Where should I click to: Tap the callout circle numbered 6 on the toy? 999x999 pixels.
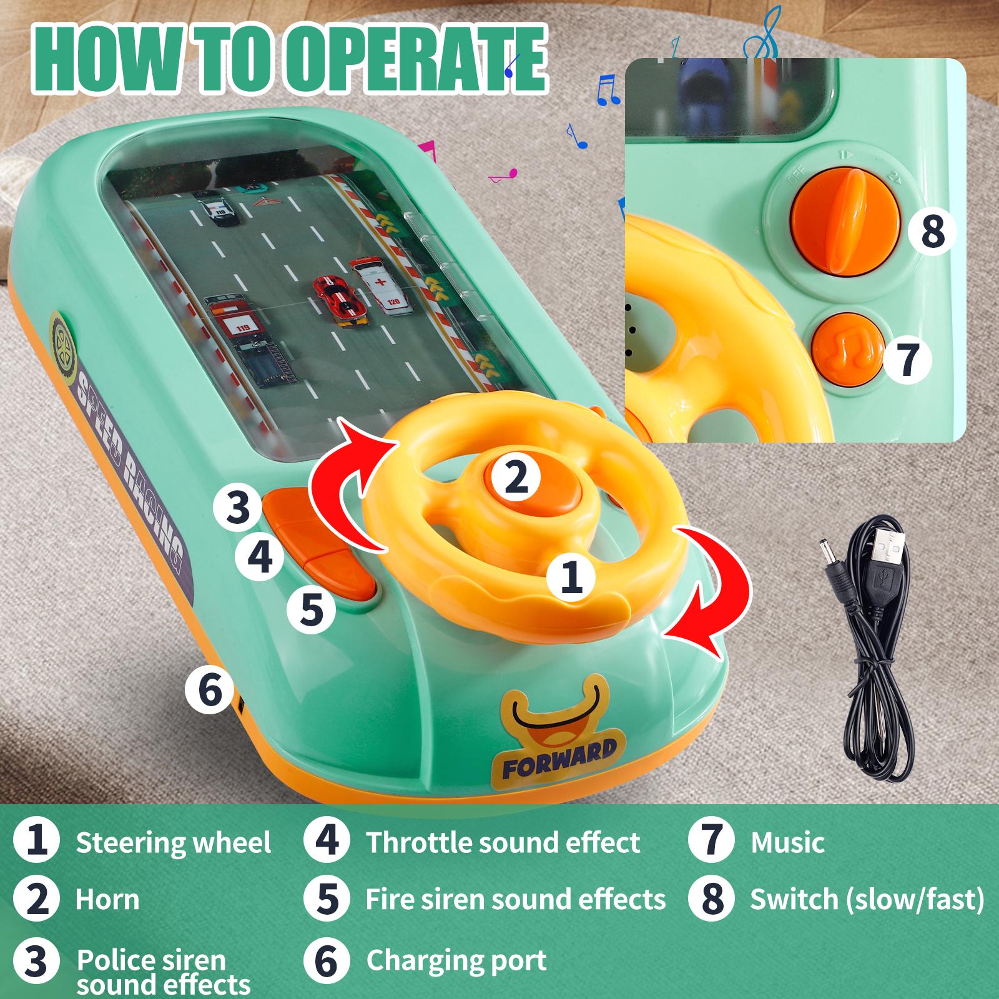209,690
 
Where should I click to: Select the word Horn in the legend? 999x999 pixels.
107,900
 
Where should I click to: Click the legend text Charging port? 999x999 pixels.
456,960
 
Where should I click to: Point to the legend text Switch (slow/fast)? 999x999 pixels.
867,900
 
